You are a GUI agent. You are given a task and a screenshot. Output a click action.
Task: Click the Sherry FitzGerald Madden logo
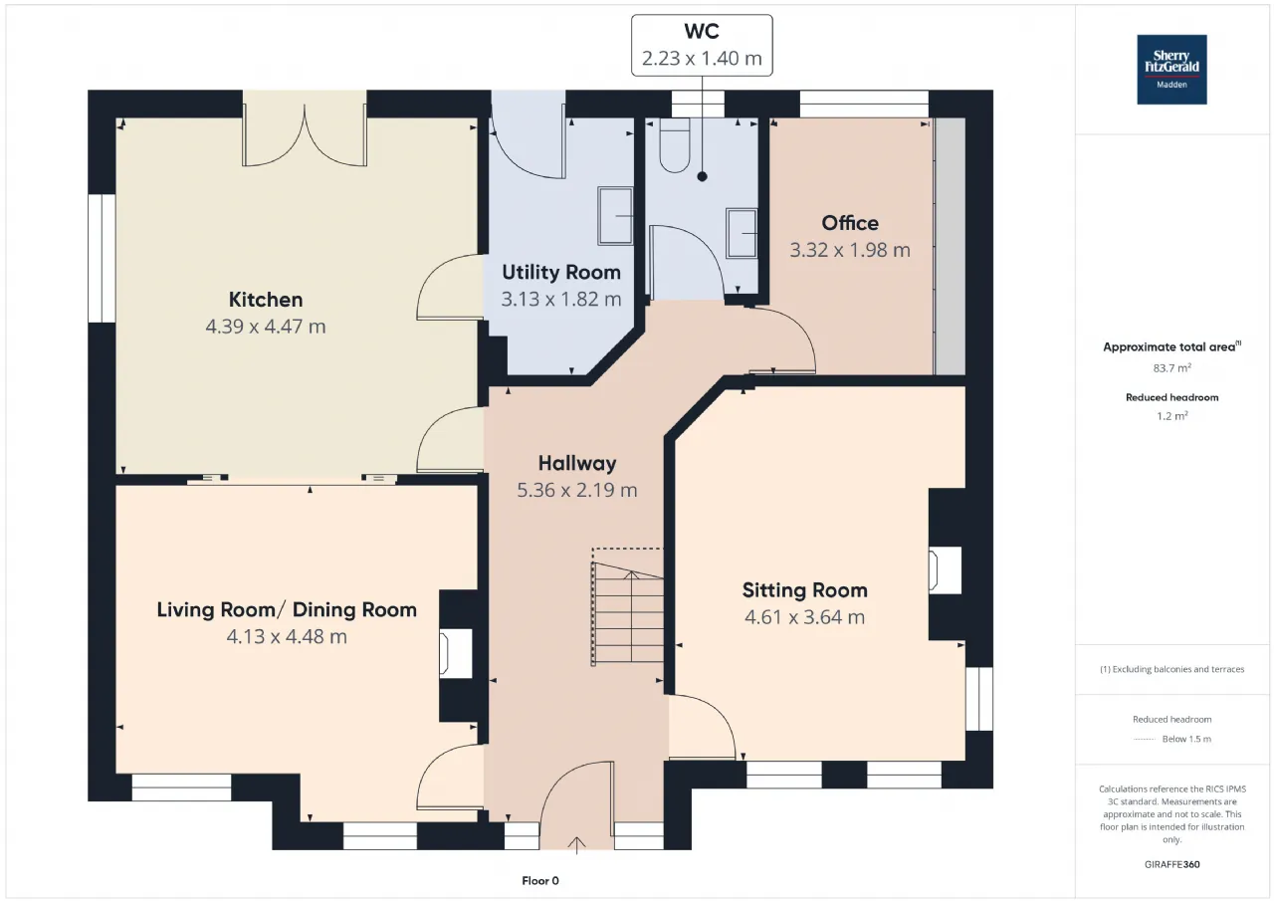point(1171,70)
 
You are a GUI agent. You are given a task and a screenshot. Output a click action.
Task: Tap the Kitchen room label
point(266,300)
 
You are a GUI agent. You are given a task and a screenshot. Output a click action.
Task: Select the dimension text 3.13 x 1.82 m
point(560,300)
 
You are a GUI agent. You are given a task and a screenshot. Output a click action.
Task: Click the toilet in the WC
point(675,145)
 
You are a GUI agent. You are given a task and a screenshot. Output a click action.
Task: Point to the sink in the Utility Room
point(615,216)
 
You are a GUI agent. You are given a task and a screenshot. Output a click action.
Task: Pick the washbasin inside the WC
point(742,233)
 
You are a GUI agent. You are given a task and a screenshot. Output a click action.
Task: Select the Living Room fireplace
point(456,653)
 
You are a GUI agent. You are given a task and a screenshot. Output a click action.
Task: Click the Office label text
point(850,223)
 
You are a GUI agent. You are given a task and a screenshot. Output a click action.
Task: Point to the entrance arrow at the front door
point(576,844)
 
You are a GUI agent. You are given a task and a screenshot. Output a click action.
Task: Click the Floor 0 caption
point(540,880)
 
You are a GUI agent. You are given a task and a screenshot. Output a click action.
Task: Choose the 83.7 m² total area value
point(1171,368)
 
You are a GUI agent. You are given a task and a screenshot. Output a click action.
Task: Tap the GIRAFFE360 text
point(1171,864)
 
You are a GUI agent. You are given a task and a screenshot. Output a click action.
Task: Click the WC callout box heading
point(702,31)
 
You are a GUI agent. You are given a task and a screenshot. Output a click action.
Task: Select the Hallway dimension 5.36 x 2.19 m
point(576,490)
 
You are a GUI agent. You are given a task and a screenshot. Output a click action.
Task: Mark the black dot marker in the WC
point(703,177)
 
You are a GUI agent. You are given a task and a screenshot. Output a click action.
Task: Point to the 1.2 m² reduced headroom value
point(1171,416)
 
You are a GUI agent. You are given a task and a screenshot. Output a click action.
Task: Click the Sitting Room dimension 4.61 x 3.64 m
point(805,617)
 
